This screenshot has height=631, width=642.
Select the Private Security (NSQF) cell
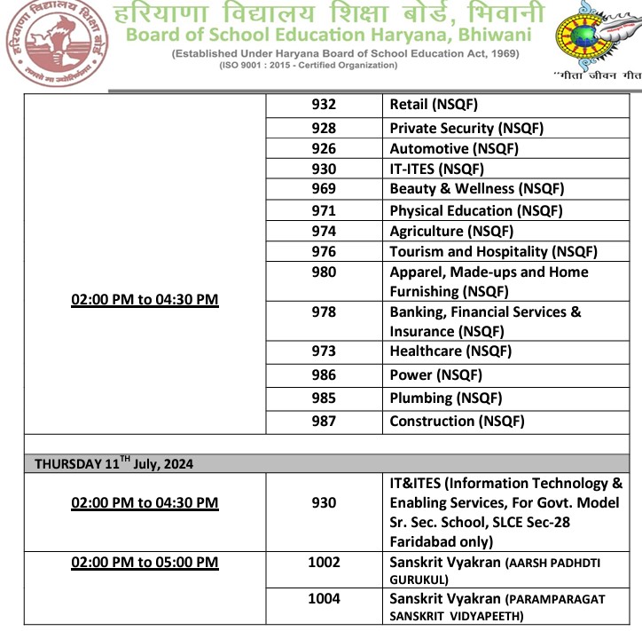click(466, 128)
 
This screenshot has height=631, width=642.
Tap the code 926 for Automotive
click(324, 148)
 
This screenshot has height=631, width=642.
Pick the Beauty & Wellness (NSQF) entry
click(476, 188)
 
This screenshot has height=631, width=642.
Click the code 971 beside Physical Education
click(324, 210)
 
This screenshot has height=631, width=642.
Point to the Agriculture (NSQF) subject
click(451, 231)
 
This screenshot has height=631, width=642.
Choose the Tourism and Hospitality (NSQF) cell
click(493, 252)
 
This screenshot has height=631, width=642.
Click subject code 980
click(324, 272)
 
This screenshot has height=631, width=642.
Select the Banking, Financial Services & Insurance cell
click(485, 321)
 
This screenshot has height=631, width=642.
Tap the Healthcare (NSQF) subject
click(450, 351)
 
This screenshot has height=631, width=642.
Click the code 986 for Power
click(324, 375)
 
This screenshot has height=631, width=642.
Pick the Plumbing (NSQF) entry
click(445, 398)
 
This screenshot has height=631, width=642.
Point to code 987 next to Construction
click(324, 421)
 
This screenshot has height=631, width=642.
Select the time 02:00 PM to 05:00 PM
click(145, 562)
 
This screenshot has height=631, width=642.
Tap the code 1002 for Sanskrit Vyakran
click(324, 562)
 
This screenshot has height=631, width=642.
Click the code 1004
click(324, 599)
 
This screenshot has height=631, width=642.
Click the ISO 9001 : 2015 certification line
click(329, 67)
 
